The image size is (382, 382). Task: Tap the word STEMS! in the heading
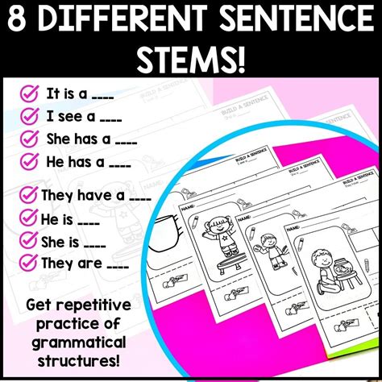tap(191, 58)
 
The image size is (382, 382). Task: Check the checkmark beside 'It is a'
tap(30, 94)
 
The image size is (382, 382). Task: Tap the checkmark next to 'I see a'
tap(30, 117)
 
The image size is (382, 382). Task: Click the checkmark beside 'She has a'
tap(30, 139)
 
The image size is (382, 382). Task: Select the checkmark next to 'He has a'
tap(30, 162)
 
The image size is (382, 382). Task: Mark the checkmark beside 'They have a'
tap(30, 194)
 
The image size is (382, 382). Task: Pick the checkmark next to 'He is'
tap(30, 217)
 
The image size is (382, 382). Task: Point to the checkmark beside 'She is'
tap(30, 239)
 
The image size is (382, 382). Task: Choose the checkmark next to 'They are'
tap(30, 262)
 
